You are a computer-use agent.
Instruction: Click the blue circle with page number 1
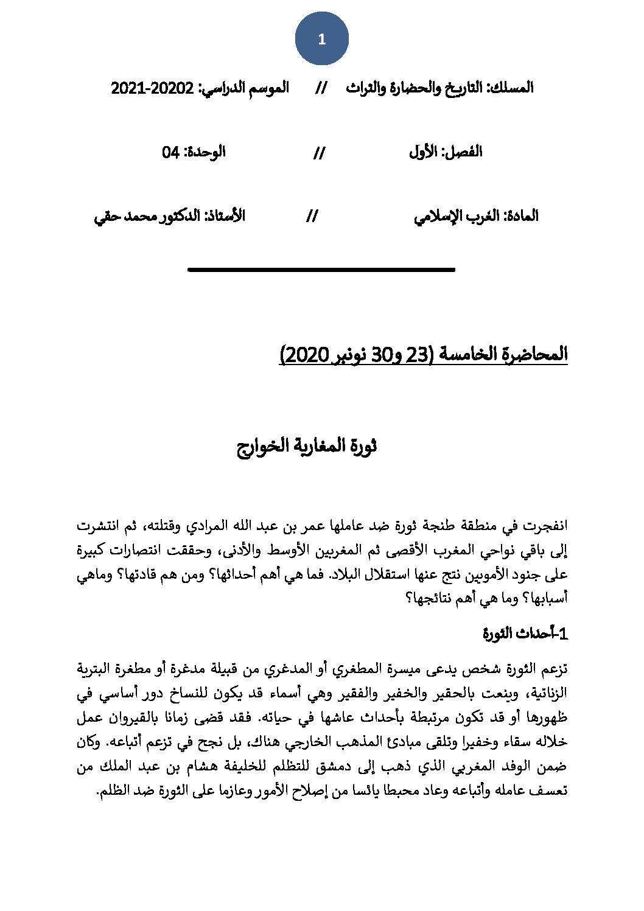coord(321,40)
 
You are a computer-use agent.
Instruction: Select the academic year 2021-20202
coord(152,88)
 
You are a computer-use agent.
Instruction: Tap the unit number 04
coord(170,152)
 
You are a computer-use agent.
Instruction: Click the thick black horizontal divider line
coord(321,269)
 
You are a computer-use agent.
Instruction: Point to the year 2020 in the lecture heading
coord(304,354)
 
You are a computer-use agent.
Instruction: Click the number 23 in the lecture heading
coord(418,354)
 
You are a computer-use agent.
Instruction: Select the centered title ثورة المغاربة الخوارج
coord(307,446)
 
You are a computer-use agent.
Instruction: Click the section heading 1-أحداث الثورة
coord(525,634)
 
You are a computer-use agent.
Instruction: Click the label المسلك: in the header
coord(510,88)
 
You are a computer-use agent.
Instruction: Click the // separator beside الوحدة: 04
coord(319,153)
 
